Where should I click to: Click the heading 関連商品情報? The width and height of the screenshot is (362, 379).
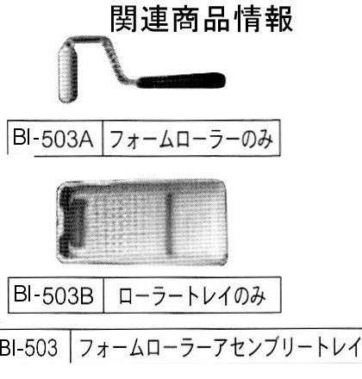(202, 19)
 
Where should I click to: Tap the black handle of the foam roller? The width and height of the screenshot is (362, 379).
(182, 80)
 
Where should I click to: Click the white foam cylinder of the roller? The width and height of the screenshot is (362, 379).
(68, 72)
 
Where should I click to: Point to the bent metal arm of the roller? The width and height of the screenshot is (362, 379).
(109, 57)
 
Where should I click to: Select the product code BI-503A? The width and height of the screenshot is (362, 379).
(53, 139)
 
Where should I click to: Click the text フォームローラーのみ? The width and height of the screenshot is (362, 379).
(191, 139)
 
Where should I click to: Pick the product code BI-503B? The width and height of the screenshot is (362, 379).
(53, 295)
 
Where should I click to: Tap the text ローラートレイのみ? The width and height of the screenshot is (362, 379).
(192, 295)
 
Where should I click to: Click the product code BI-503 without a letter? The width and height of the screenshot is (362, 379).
(28, 348)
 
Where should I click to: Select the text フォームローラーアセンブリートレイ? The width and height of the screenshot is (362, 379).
(220, 348)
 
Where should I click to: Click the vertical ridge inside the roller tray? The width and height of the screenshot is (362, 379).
(169, 224)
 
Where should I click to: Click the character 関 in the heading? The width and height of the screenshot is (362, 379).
(123, 19)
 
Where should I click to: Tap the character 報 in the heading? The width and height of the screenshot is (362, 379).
(279, 19)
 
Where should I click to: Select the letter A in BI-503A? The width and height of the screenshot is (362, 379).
(85, 140)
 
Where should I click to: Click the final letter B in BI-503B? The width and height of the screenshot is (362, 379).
(86, 295)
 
